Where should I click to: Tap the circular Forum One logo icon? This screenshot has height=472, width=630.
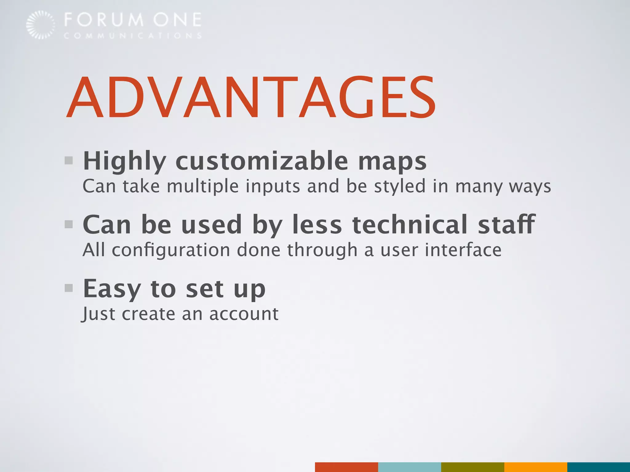coord(41,25)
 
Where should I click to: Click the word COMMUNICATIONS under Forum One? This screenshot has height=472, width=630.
coord(133,36)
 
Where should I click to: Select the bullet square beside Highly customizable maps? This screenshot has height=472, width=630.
coord(69,160)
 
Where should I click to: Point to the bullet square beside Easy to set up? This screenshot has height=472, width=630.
coord(69,288)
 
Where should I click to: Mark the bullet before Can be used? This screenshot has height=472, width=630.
coord(69,224)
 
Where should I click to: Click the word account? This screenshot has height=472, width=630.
coord(244,314)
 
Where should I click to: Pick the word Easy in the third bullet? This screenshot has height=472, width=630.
coord(112,289)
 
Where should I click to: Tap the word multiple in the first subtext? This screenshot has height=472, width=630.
coord(203,187)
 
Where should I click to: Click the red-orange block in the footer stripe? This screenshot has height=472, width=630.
coord(346,467)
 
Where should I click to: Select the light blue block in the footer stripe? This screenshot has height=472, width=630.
coord(409,467)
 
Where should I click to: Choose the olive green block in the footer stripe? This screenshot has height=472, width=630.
coord(472,467)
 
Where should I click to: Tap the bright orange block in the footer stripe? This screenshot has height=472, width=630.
coord(536,467)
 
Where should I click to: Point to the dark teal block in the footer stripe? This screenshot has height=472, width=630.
coord(599,467)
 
